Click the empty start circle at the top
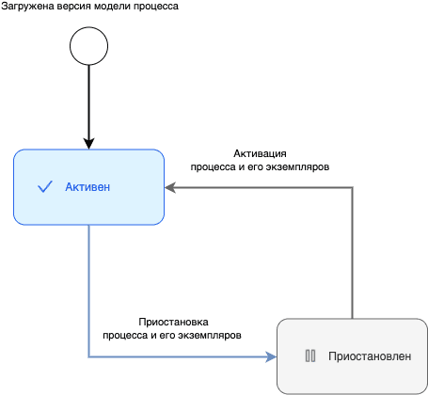tap(88, 45)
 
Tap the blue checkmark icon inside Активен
tap(44, 187)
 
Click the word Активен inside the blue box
tap(87, 187)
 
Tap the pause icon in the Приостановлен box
tap(309, 356)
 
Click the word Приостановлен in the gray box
tap(370, 356)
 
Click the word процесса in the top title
tap(178, 8)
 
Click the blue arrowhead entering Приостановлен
tap(272, 356)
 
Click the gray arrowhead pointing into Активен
tap(170, 187)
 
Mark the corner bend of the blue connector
tap(88, 356)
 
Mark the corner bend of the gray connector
tap(352, 187)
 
